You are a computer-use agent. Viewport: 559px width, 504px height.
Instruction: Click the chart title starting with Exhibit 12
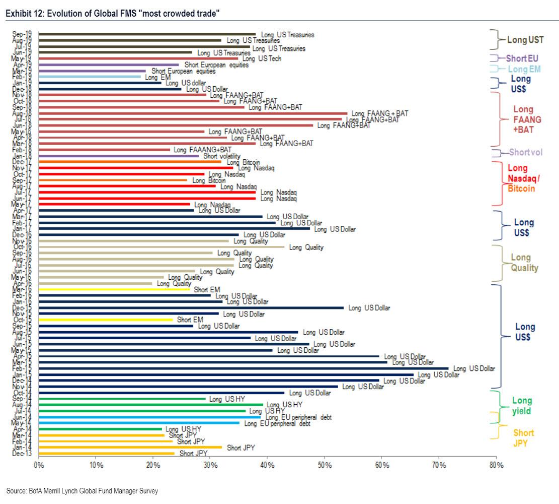click(113, 14)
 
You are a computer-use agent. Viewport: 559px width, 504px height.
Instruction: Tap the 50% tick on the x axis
click(325, 465)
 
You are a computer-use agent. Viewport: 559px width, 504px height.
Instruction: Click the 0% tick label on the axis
click(39, 465)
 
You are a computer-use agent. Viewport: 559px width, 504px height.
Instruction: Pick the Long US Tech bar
click(138, 58)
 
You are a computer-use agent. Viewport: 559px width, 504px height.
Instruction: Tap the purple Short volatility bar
click(119, 156)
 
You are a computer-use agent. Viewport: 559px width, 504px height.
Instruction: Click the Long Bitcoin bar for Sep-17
click(113, 180)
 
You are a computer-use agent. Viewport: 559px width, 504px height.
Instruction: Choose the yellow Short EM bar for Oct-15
click(106, 320)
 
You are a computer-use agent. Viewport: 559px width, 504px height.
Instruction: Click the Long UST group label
click(525, 39)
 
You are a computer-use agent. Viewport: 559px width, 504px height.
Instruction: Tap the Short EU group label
click(522, 58)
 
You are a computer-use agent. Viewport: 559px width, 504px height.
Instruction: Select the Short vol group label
click(525, 152)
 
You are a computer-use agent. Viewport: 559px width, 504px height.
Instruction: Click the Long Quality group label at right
click(524, 263)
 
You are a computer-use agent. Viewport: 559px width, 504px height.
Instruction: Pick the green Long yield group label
click(522, 406)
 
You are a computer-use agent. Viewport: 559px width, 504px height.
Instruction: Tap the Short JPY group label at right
click(524, 437)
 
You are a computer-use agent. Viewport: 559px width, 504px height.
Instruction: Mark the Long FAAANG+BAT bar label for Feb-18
click(202, 150)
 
